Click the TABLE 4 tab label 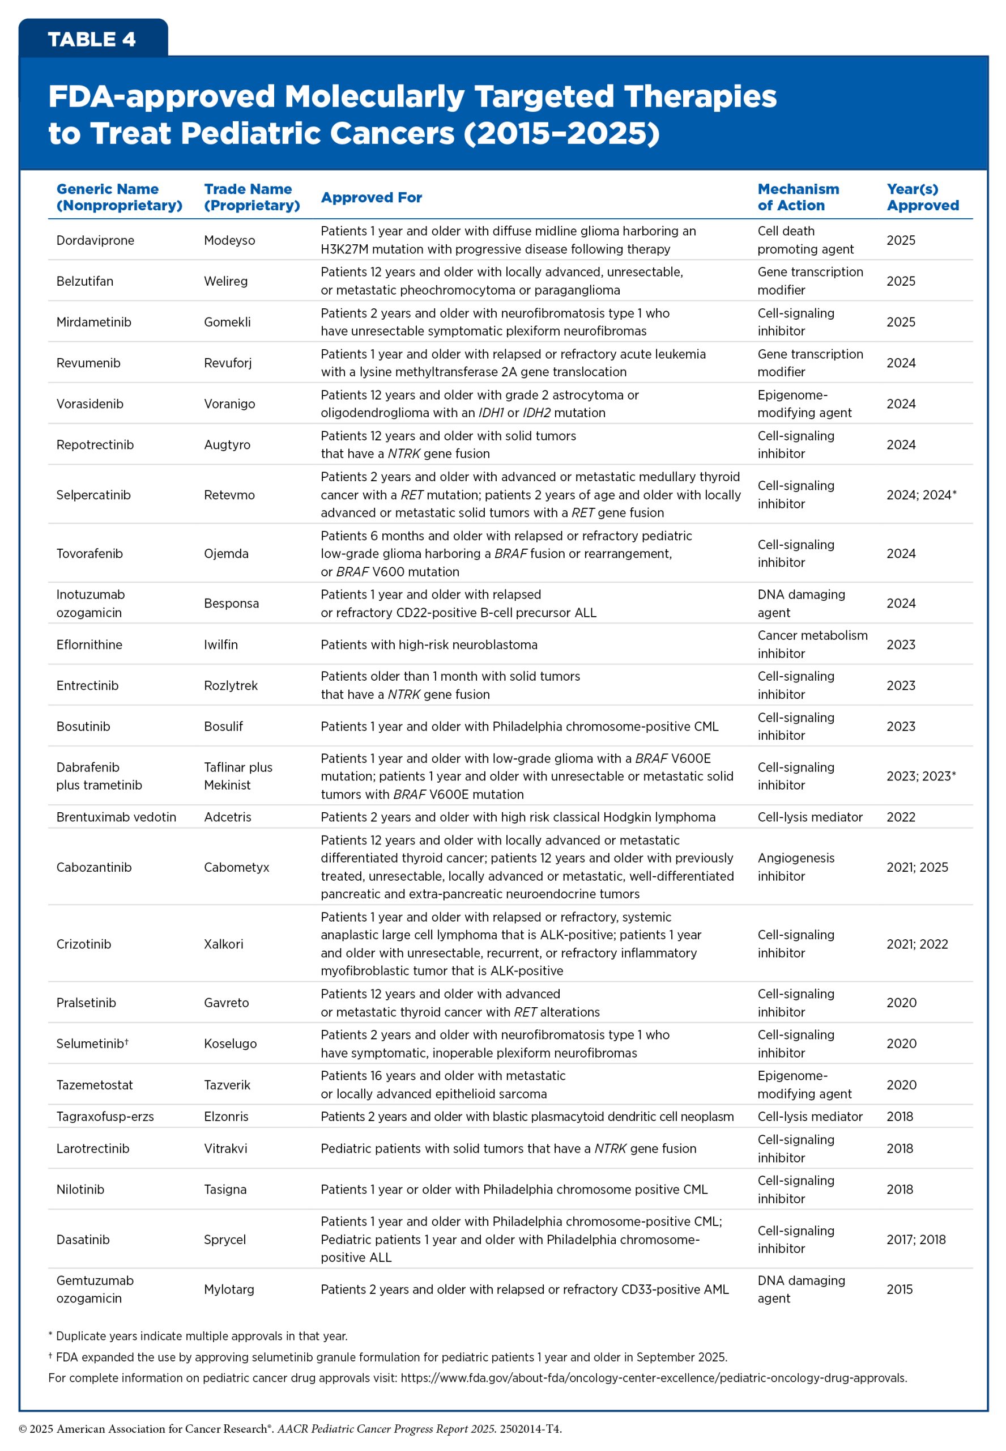point(92,39)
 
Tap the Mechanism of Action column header point(798,197)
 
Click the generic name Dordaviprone point(95,240)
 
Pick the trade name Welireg point(225,281)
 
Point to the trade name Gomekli point(227,323)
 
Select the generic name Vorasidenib point(89,404)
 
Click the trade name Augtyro point(227,444)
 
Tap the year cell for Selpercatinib point(921,495)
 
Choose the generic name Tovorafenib point(89,554)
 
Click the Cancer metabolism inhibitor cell point(812,644)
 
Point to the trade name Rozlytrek point(231,685)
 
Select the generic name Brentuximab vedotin point(116,817)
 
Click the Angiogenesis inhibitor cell point(795,867)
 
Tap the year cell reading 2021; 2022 point(917,944)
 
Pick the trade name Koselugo point(230,1043)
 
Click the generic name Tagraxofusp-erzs point(105,1117)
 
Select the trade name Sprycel point(224,1240)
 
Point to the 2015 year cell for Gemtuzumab point(900,1289)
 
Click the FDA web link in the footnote point(653,1378)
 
